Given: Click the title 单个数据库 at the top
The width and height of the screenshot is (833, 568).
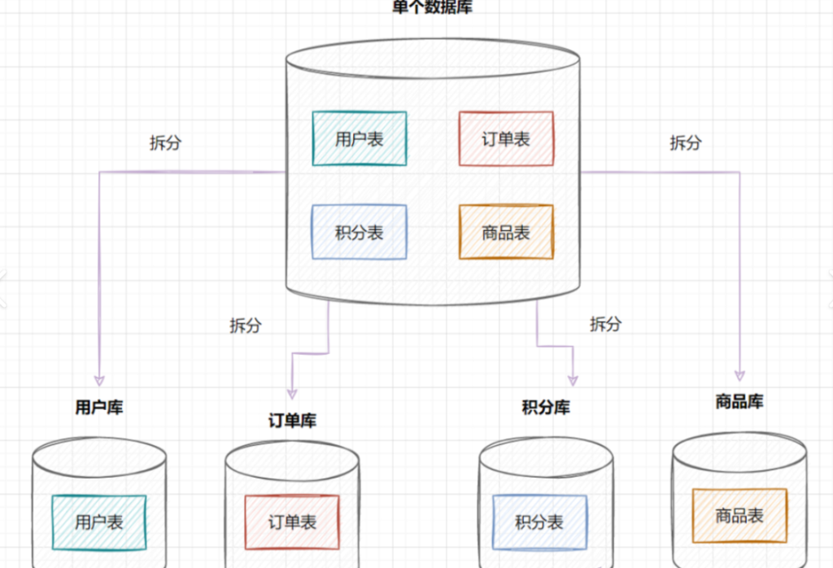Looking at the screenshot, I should [x=432, y=7].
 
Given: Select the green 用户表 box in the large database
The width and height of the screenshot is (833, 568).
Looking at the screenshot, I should [x=359, y=138].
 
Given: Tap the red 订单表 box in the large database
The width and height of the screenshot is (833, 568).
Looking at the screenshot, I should [x=505, y=138].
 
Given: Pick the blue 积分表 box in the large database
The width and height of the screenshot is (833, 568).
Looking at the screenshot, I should [x=359, y=233].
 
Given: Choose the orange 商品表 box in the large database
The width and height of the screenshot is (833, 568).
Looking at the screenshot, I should [x=505, y=233].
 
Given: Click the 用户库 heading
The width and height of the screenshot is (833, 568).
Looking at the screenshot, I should [x=99, y=407].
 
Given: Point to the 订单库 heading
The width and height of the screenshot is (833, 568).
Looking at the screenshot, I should [x=292, y=421].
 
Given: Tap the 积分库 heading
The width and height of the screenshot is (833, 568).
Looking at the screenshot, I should [x=546, y=407].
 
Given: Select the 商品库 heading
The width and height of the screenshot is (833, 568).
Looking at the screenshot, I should [x=739, y=401].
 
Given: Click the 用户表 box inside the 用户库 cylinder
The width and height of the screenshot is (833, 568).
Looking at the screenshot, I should [x=98, y=522].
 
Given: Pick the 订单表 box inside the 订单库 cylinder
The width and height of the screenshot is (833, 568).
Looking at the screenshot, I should [x=292, y=522].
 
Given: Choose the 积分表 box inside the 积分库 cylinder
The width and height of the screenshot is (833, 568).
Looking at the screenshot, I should [x=539, y=522].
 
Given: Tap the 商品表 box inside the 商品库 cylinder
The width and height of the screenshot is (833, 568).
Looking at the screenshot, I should [x=739, y=515].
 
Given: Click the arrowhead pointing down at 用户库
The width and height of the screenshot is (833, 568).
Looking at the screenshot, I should [x=99, y=378].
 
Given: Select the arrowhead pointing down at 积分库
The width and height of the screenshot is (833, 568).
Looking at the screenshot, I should [x=573, y=378].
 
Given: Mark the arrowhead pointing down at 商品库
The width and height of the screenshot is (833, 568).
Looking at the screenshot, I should [x=739, y=375].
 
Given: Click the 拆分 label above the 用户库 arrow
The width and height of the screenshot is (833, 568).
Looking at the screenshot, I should [x=165, y=143].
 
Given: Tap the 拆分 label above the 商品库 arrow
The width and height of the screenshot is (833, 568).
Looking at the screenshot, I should [x=685, y=143].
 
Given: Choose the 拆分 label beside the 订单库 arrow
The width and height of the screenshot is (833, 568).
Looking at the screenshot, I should [x=245, y=326].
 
